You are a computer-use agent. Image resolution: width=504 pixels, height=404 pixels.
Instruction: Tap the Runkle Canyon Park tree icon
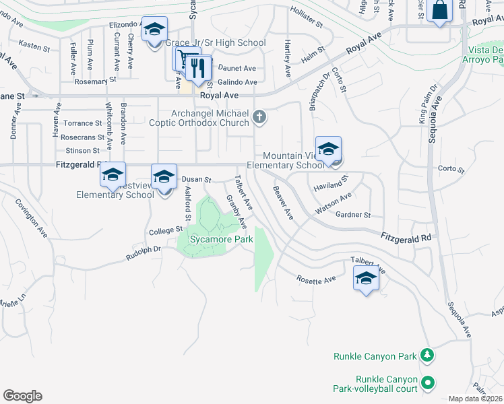pyautogui.click(x=426, y=354)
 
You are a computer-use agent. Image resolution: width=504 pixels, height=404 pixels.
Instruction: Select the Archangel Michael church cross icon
pyautogui.click(x=259, y=119)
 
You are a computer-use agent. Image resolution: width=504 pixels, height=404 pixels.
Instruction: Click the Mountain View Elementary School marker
pyautogui.click(x=328, y=149)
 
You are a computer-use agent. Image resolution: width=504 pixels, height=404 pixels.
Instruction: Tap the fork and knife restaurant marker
pyautogui.click(x=197, y=67)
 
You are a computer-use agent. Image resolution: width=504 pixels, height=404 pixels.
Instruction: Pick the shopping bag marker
pyautogui.click(x=439, y=11)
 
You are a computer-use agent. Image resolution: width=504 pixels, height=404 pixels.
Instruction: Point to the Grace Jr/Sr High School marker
pyautogui.click(x=154, y=30)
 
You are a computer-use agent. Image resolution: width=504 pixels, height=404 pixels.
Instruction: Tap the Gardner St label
pyautogui.click(x=353, y=215)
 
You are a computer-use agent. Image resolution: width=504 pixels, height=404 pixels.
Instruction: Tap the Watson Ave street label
pyautogui.click(x=334, y=203)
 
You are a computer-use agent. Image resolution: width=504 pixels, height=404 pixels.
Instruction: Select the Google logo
pyautogui.click(x=22, y=395)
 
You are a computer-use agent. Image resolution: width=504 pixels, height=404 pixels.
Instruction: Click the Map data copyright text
pyautogui.click(x=476, y=399)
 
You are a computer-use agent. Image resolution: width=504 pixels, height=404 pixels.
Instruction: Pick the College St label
pyautogui.click(x=166, y=230)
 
